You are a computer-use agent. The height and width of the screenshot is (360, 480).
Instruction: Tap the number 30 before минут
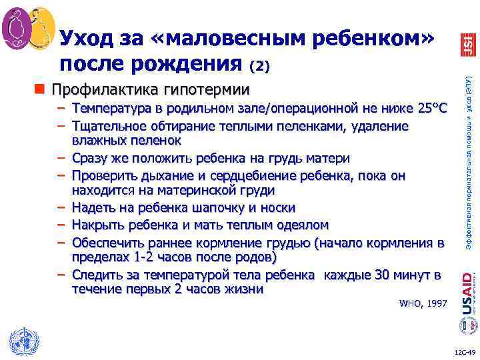coord(382,275)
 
